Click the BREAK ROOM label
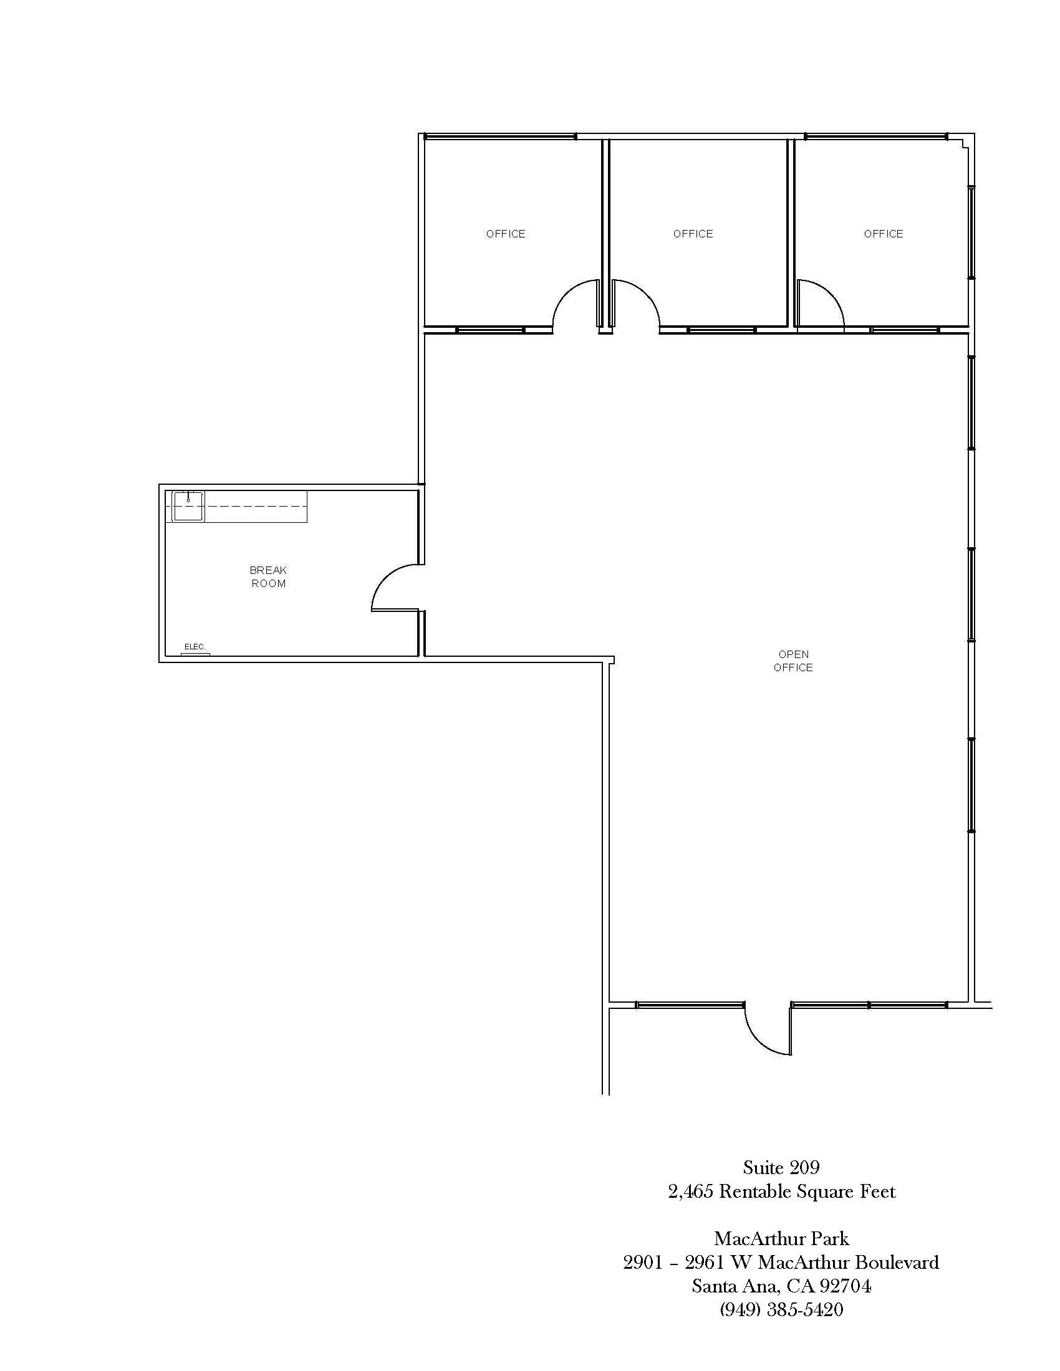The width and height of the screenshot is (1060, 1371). (x=268, y=577)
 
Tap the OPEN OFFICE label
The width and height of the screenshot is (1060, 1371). (x=793, y=661)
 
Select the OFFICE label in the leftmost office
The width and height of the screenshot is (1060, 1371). (x=506, y=234)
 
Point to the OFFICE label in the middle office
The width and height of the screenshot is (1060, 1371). (x=693, y=234)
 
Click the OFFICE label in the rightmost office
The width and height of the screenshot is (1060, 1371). (x=884, y=234)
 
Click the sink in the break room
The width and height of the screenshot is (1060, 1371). (x=188, y=507)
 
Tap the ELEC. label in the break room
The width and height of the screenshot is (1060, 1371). (x=195, y=647)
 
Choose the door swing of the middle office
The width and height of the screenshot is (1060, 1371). (x=647, y=295)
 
